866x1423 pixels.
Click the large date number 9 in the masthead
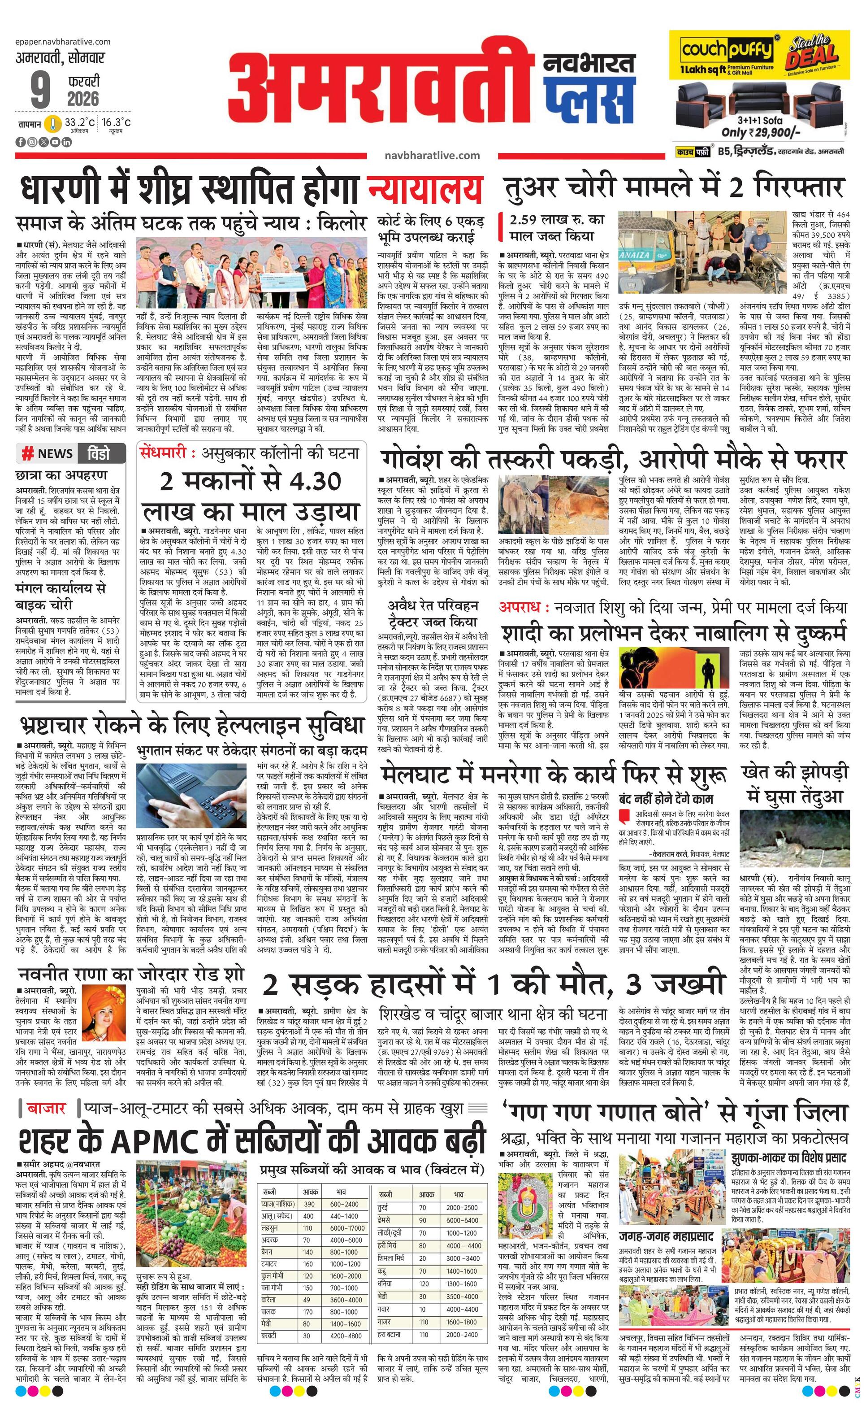[x=40, y=90]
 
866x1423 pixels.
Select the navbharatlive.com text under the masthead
[x=432, y=155]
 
